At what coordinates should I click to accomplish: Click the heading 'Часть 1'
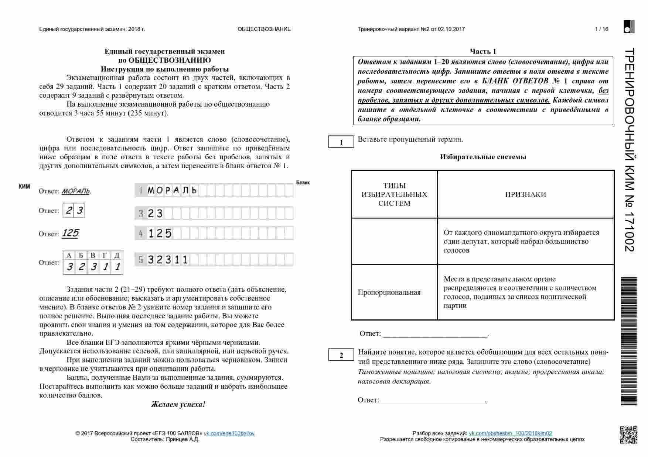tap(483, 51)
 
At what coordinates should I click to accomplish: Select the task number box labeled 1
tap(341, 142)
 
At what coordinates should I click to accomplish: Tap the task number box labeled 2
tap(341, 355)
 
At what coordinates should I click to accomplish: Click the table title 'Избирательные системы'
tap(483, 157)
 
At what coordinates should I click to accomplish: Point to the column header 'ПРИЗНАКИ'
tap(525, 194)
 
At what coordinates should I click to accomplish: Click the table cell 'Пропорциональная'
tap(389, 292)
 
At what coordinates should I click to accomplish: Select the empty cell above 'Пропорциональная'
tap(394, 241)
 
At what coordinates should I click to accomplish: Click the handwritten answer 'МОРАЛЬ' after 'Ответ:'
tap(76, 191)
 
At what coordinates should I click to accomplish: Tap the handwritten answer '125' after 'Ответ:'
tap(70, 233)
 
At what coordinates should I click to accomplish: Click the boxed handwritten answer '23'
tap(74, 211)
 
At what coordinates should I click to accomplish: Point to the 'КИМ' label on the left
tap(24, 187)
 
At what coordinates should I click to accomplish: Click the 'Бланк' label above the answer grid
tap(303, 183)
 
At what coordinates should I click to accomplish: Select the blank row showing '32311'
tap(214, 260)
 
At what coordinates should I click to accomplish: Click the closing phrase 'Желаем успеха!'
tap(178, 404)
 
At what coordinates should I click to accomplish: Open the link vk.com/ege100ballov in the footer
tap(229, 433)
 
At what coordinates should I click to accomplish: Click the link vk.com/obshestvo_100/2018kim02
tap(510, 433)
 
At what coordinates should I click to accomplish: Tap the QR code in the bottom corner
tap(628, 435)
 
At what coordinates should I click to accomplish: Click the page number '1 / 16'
tap(601, 29)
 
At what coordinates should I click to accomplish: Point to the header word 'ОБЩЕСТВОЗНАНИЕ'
tap(264, 29)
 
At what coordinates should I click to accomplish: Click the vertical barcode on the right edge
tap(629, 341)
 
